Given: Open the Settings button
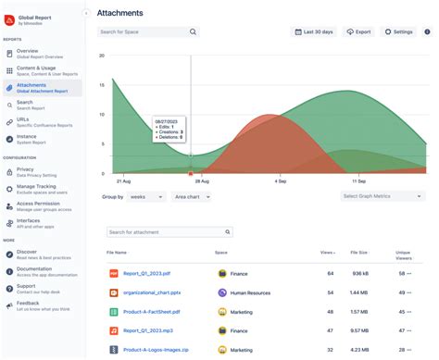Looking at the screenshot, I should point(398,31).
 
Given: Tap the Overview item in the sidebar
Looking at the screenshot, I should point(29,53).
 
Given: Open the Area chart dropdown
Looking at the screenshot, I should point(193,197).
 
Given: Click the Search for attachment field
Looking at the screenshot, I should point(169,232).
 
